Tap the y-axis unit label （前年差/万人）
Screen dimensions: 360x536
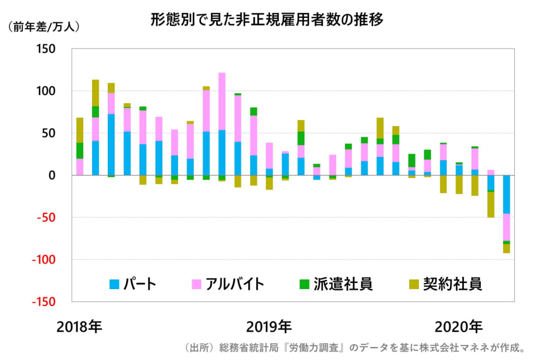[44, 26]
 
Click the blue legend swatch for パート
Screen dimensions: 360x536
[115, 284]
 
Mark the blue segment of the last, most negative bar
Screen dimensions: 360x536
[506, 194]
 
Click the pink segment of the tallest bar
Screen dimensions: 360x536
[222, 101]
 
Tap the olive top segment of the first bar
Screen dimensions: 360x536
[80, 130]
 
